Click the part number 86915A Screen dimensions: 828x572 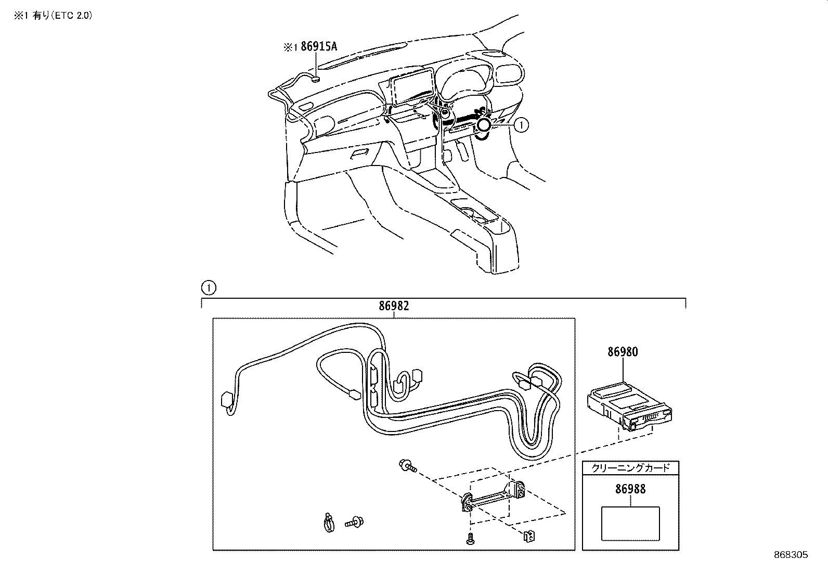[319, 47]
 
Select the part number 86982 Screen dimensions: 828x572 [394, 306]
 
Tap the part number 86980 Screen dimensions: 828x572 [623, 352]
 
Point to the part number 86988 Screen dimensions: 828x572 [630, 489]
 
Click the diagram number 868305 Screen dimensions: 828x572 [791, 555]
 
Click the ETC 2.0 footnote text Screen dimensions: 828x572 [53, 16]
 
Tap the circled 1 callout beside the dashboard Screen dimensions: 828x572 [521, 125]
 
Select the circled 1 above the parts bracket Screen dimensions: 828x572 [209, 288]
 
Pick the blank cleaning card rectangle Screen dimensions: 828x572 [630, 524]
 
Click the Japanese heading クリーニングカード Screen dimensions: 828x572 [630, 468]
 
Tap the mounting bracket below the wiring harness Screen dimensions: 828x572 [494, 496]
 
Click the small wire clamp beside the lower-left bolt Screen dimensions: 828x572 [328, 522]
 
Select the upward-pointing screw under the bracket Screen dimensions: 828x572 [470, 539]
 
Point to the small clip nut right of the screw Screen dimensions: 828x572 [529, 536]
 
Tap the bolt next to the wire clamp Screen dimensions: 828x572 [354, 522]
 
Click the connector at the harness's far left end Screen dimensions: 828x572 [227, 400]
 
